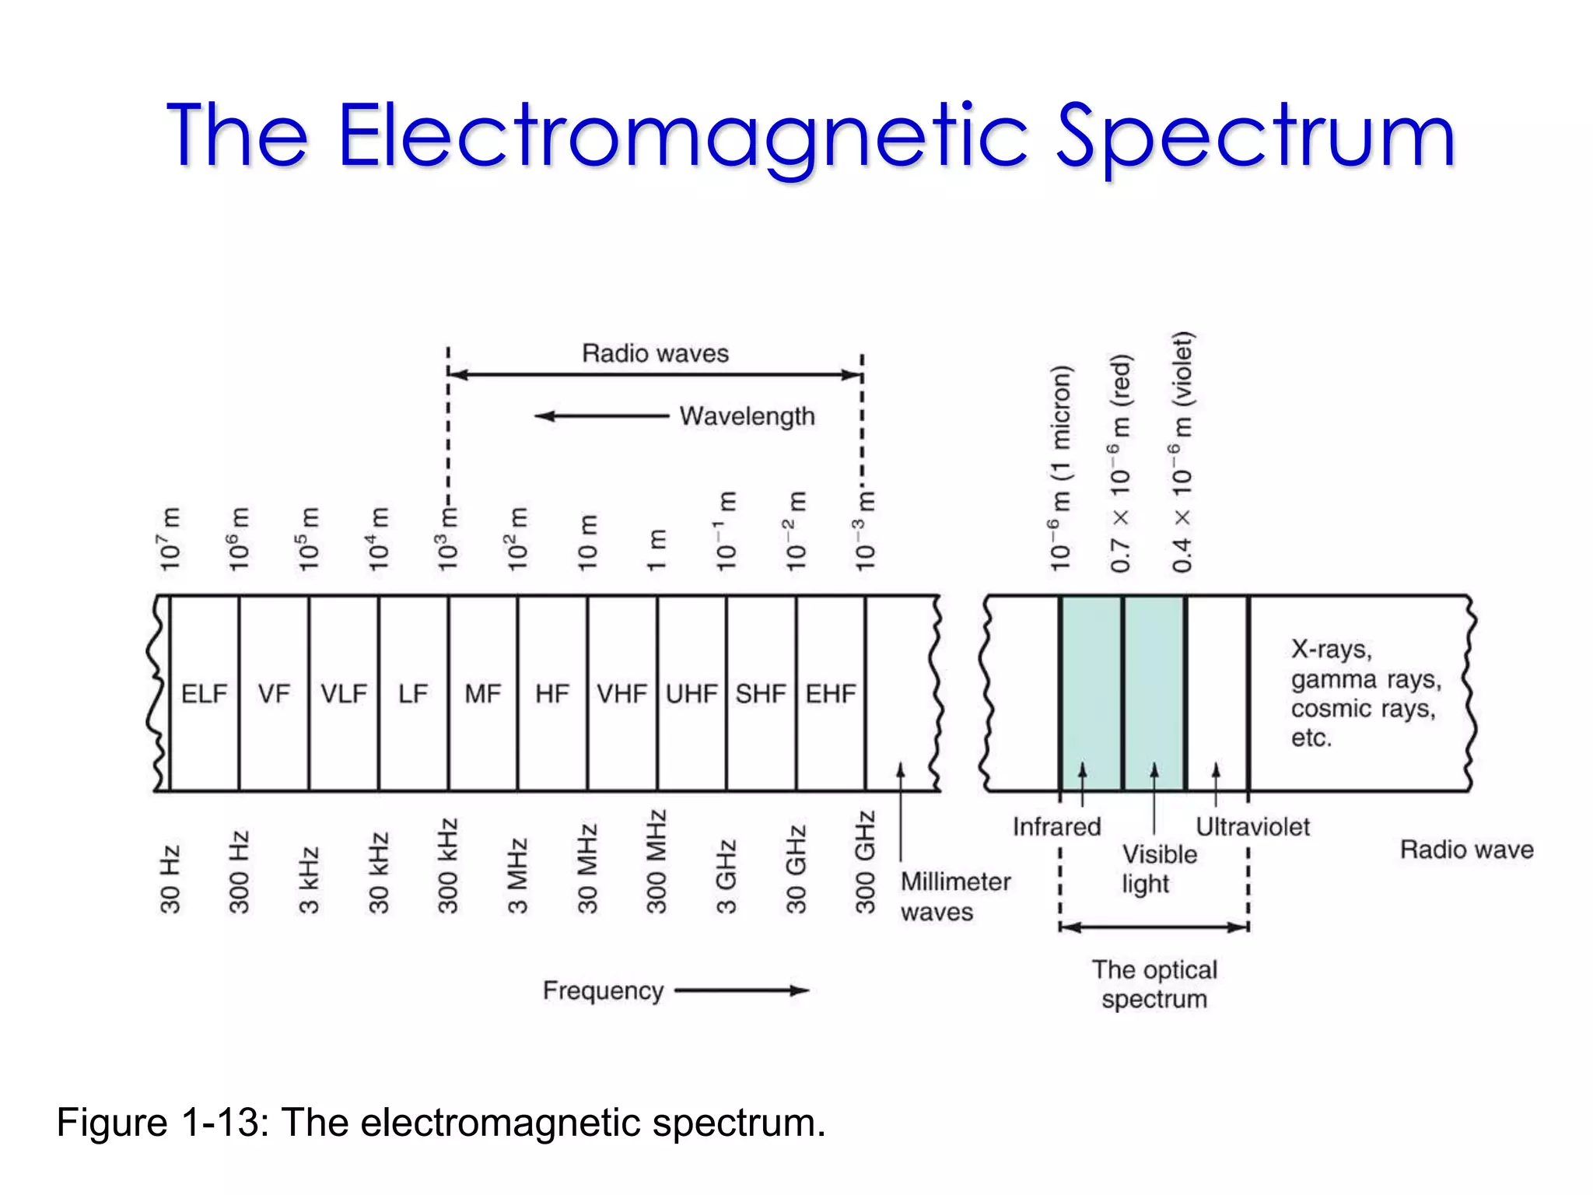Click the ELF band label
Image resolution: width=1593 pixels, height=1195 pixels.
[x=204, y=693]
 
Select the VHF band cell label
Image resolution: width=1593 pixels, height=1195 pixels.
[x=621, y=693]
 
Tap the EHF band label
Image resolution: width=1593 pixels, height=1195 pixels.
[x=831, y=693]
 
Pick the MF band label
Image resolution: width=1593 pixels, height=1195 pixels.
[x=483, y=693]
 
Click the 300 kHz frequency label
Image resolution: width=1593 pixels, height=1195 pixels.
[x=448, y=865]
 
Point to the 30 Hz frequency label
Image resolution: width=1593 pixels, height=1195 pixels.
[x=170, y=879]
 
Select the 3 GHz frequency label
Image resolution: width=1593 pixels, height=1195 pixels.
[x=726, y=876]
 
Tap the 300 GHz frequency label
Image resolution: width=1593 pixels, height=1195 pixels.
[x=865, y=862]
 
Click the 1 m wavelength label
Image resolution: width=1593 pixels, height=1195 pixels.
[x=657, y=550]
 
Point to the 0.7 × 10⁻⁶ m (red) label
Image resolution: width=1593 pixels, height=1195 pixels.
[x=1120, y=464]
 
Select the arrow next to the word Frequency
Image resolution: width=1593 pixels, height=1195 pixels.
[x=742, y=990]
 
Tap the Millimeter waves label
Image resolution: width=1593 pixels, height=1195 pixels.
[x=955, y=896]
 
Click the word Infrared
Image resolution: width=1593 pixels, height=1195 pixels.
[x=1056, y=826]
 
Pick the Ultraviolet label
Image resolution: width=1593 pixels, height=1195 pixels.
[x=1252, y=826]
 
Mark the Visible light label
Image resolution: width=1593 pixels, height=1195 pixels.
[x=1158, y=869]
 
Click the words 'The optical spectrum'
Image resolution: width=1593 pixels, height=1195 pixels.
[x=1154, y=984]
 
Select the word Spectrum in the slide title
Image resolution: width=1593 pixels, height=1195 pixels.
[x=1255, y=137]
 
